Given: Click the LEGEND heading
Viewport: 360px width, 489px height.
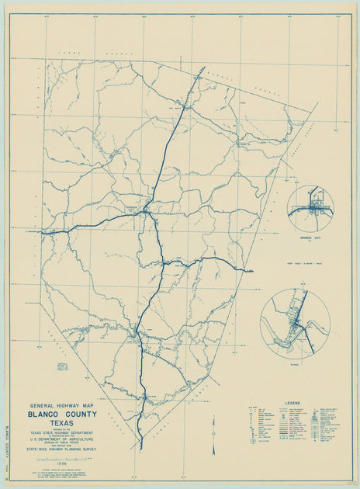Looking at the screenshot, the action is (292, 404).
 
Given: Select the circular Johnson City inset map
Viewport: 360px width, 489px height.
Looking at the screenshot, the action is (310, 207).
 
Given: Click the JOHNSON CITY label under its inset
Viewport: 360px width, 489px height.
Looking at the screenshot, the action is (310, 237).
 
